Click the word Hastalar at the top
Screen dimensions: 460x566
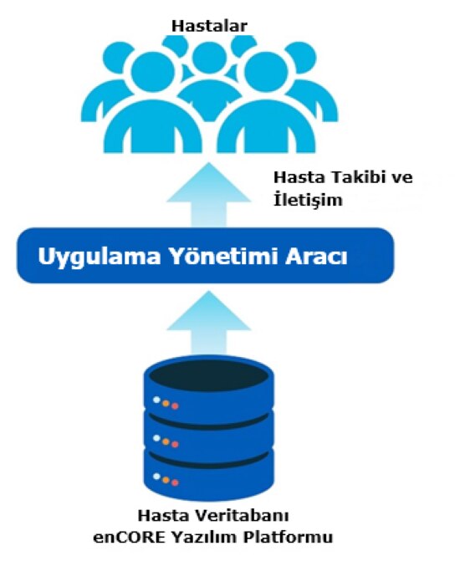209,26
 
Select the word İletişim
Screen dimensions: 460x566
308,199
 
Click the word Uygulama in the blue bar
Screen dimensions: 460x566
100,257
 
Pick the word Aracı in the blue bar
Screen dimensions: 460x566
316,257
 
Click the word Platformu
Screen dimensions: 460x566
288,537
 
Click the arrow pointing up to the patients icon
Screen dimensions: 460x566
209,195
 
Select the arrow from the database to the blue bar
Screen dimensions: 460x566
209,323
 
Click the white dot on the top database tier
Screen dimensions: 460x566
156,400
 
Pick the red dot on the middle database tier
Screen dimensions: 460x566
175,444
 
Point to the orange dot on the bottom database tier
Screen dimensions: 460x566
166,480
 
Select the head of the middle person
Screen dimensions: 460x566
209,59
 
